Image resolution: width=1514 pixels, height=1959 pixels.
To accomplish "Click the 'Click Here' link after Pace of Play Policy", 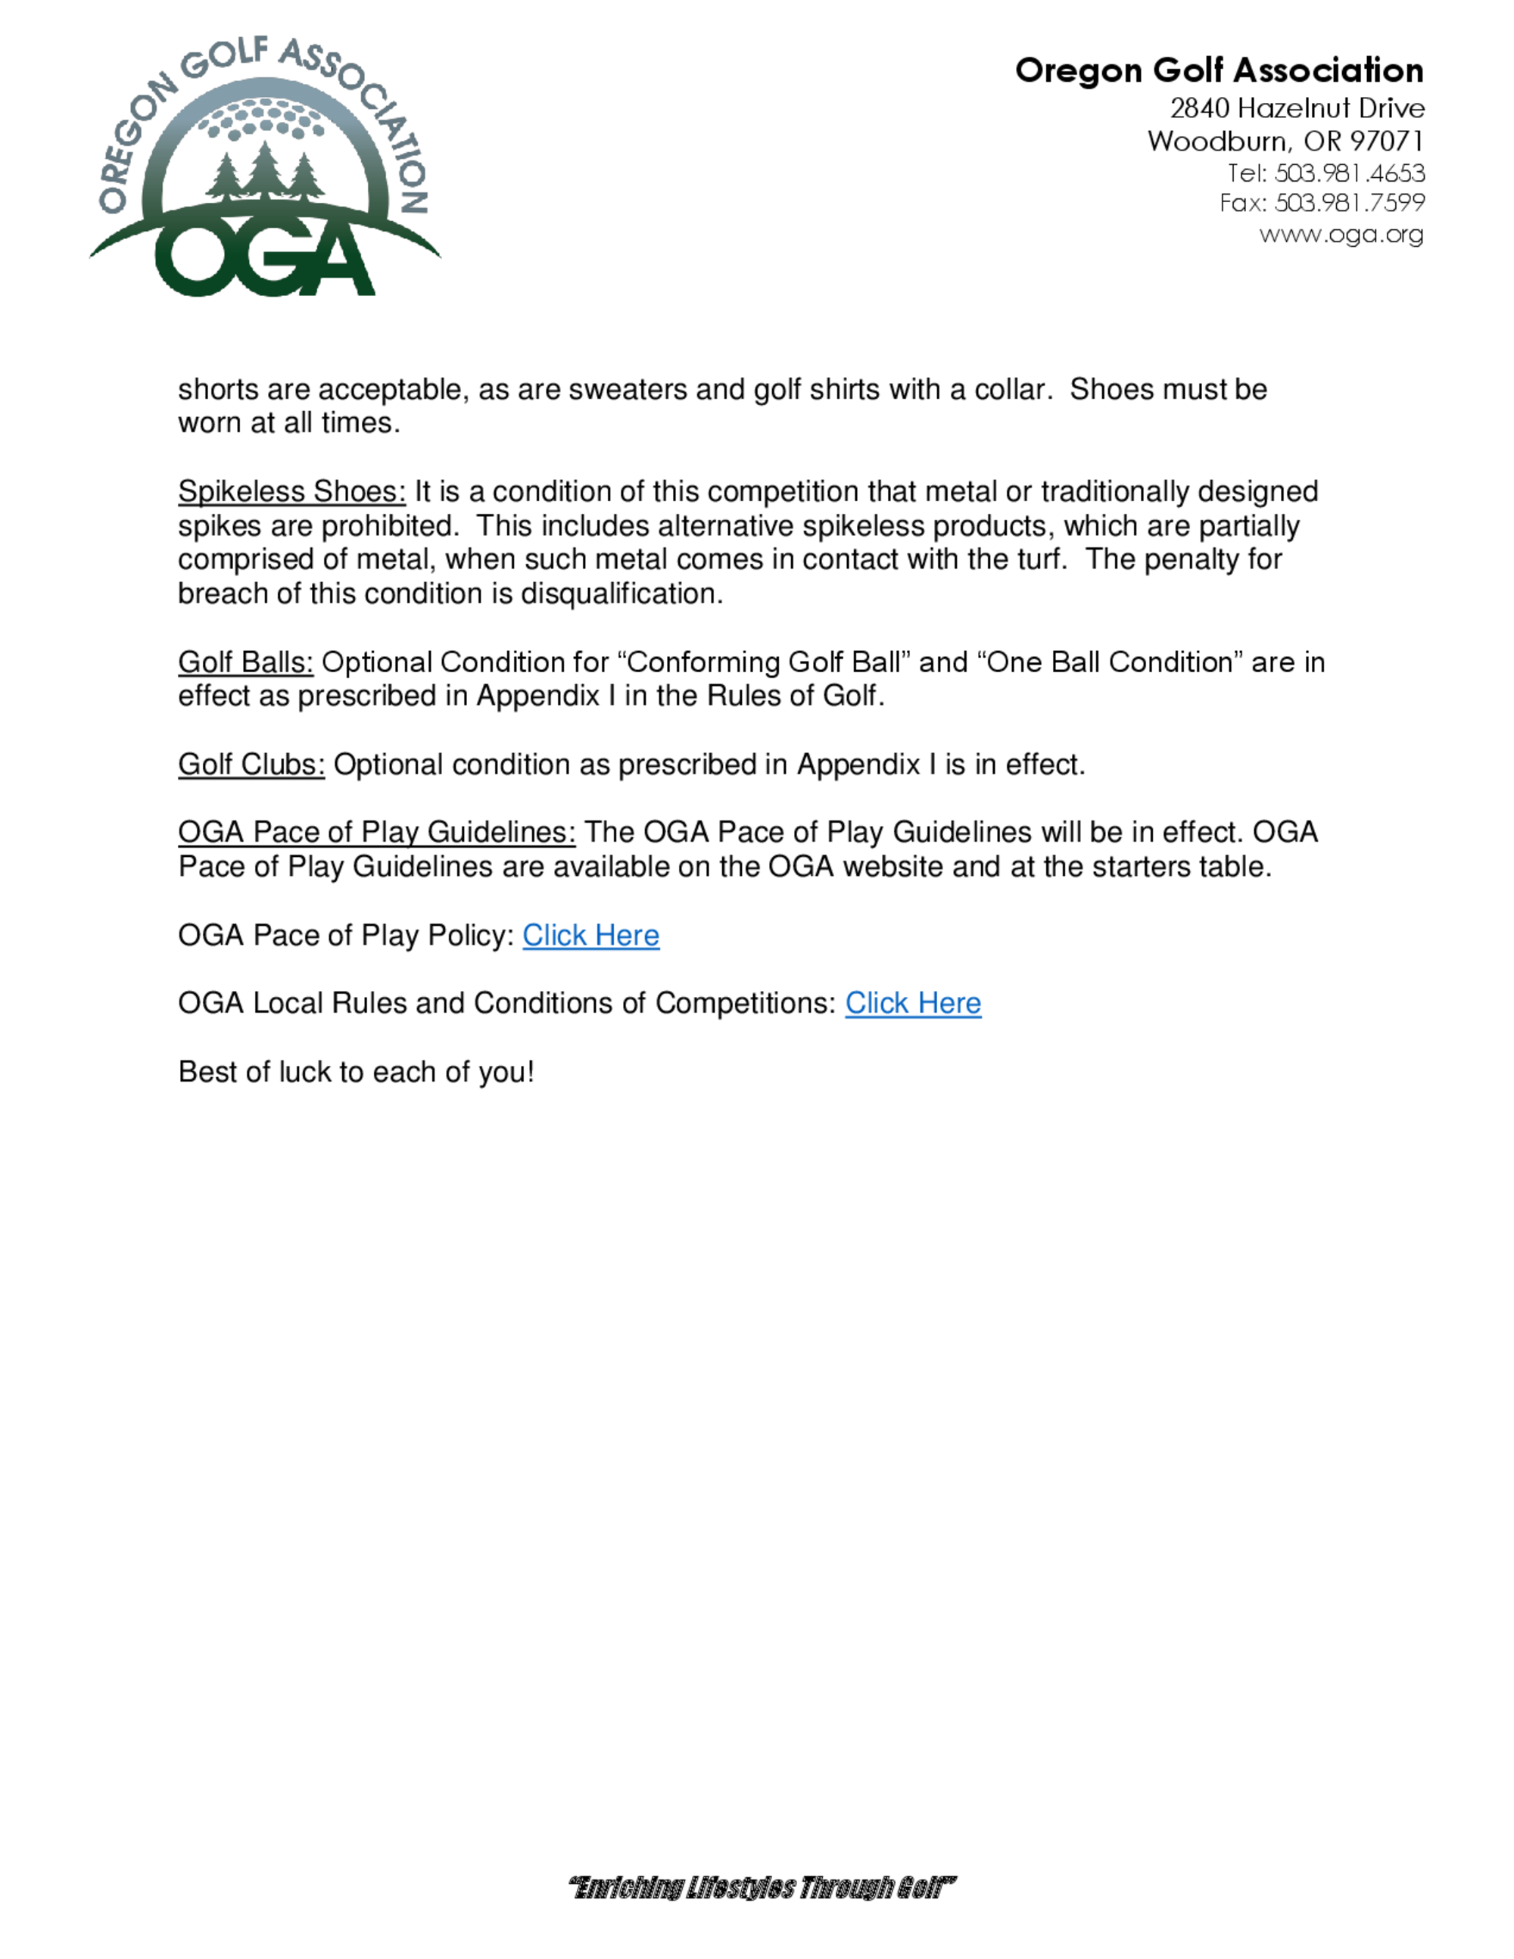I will pos(590,936).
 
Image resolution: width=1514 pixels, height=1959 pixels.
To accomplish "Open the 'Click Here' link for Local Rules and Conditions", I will pos(912,1003).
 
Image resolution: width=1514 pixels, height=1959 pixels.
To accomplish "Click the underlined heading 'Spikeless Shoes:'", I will pos(291,491).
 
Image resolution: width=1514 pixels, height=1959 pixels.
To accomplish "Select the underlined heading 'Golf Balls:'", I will pos(245,662).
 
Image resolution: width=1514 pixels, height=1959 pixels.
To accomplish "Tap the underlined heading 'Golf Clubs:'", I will pos(251,765).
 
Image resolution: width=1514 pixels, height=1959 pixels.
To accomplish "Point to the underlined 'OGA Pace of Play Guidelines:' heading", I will pos(377,833).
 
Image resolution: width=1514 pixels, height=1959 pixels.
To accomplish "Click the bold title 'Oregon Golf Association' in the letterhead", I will pos(1219,70).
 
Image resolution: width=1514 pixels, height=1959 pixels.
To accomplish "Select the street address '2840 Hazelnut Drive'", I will pos(1297,108).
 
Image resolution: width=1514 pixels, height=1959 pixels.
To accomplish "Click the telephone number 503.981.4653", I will pos(1349,173).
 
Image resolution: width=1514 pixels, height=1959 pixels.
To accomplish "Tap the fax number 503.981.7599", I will pos(1349,203).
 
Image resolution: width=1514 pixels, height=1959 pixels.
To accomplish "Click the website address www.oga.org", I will pos(1341,234).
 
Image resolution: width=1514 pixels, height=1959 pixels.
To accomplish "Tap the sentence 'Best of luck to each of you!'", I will pos(356,1072).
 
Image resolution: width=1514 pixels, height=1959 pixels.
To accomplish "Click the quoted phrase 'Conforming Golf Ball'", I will pos(763,662).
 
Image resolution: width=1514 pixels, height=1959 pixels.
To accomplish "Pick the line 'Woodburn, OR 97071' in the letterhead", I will pos(1285,141).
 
